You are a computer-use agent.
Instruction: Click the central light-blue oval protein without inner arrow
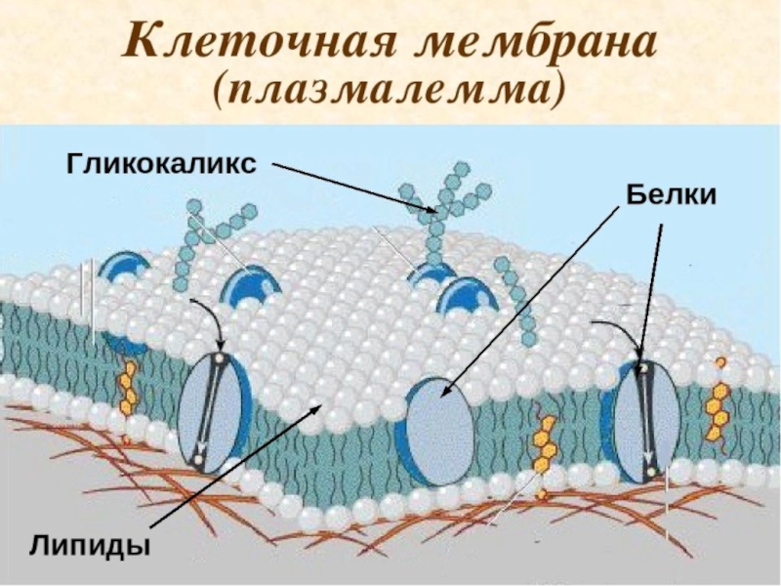coord(439,426)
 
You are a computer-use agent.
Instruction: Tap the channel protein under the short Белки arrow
coord(645,423)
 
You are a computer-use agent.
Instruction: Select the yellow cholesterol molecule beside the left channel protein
coord(128,386)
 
